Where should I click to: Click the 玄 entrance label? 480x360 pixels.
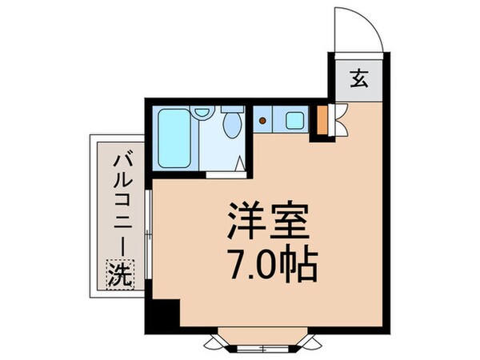coord(358,79)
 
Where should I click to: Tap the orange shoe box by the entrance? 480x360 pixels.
coord(322,120)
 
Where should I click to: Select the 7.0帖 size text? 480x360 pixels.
coord(267,263)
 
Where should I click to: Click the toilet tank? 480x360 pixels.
coord(233,109)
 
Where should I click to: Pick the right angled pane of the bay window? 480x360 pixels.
coord(309,339)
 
